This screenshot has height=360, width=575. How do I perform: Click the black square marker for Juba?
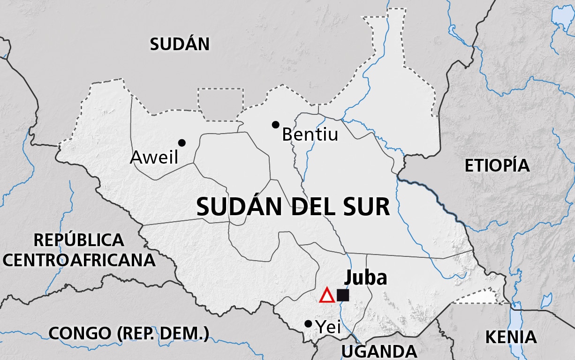pyautogui.click(x=343, y=295)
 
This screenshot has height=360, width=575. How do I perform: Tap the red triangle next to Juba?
pyautogui.click(x=327, y=296)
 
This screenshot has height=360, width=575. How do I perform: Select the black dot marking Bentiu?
pyautogui.click(x=275, y=125)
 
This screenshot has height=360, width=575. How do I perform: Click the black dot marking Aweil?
pyautogui.click(x=182, y=142)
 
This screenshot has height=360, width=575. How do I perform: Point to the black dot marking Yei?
pyautogui.click(x=308, y=324)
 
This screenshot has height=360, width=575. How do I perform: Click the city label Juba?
pyautogui.click(x=366, y=277)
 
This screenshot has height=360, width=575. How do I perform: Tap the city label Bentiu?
pyautogui.click(x=310, y=135)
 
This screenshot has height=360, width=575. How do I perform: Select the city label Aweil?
pyautogui.click(x=154, y=157)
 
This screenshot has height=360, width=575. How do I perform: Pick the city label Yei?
pyautogui.click(x=328, y=327)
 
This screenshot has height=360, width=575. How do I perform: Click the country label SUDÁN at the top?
pyautogui.click(x=180, y=44)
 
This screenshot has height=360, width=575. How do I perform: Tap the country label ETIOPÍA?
pyautogui.click(x=497, y=165)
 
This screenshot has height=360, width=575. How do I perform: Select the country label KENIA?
pyautogui.click(x=511, y=337)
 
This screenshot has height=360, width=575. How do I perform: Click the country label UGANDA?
pyautogui.click(x=379, y=351)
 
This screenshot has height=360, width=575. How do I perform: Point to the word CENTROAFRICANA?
pyautogui.click(x=79, y=260)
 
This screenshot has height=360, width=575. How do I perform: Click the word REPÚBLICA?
pyautogui.click(x=79, y=240)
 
